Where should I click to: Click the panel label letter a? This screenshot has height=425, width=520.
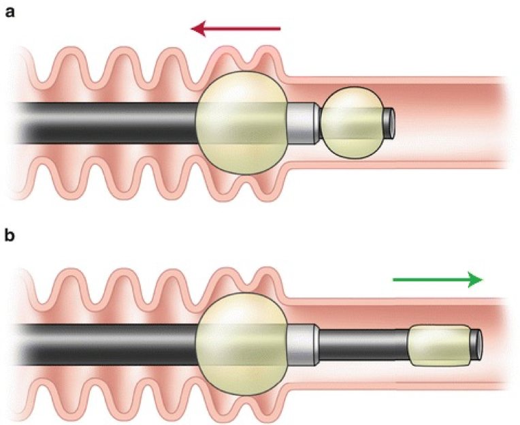coord(10,13)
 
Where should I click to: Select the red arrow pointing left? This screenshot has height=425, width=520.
coord(235,29)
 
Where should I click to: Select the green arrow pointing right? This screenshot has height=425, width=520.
coord(438,280)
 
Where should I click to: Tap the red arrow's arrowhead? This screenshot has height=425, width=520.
coord(198,29)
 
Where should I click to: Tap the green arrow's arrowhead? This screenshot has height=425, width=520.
coord(475,280)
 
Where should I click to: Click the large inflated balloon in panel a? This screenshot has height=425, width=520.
coord(242,123)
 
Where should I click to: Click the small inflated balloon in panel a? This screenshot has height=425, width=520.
coord(352,123)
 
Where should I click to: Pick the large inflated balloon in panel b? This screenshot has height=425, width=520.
coord(242,344)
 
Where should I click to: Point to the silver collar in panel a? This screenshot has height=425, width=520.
coord(302,123)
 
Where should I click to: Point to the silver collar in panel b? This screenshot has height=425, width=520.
coord(302,345)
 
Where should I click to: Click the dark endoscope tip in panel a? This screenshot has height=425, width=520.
coord(389,123)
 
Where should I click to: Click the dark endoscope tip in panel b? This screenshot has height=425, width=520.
coord(476,345)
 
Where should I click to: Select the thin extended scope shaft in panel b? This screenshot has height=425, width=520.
coord(363,345)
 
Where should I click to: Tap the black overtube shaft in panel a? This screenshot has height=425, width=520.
coord(106,123)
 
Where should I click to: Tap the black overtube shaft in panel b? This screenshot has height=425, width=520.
coord(106,345)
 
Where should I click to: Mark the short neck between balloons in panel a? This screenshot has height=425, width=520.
coord(321,123)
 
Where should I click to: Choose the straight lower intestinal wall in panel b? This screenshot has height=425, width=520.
coord(398,386)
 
